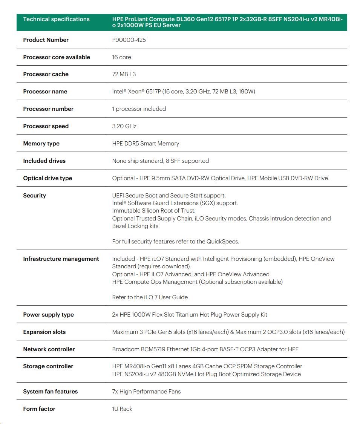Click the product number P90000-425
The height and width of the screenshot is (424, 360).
129,40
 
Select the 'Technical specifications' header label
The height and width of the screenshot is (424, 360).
56,19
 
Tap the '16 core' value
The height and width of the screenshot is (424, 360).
121,57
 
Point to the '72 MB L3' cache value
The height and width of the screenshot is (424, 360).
124,74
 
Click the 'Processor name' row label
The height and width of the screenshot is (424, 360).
45,92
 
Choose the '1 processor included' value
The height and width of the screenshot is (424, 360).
139,109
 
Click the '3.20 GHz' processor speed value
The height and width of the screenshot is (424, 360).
124,126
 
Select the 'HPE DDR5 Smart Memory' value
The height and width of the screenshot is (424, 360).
146,144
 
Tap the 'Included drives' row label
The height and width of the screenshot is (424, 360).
44,161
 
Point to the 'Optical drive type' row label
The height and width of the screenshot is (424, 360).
47,178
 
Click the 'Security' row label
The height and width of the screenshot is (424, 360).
34,196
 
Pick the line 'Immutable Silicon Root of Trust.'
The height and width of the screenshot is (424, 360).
153,211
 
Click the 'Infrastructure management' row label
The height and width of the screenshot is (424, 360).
61,259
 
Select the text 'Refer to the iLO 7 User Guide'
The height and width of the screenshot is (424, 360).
150,297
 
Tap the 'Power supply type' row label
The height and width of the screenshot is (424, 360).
48,315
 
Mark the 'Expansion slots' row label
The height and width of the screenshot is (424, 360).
44,332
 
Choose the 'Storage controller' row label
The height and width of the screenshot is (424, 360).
48,366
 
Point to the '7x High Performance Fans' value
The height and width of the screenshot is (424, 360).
146,392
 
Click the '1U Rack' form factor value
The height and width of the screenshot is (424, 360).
122,409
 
